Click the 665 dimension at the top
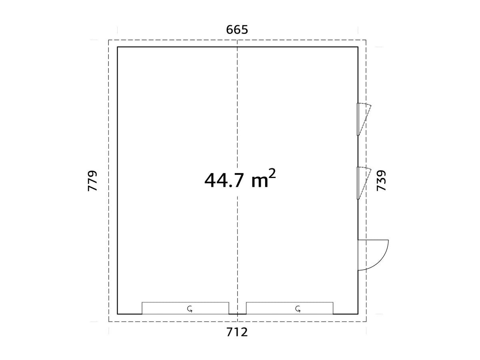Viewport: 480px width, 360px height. pyautogui.click(x=237, y=30)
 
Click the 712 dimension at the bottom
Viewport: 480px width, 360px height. pyautogui.click(x=237, y=332)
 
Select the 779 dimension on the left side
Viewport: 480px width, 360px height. pyautogui.click(x=92, y=181)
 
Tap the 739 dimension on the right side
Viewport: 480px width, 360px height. pyautogui.click(x=381, y=180)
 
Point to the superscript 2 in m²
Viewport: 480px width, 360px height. pyautogui.click(x=272, y=174)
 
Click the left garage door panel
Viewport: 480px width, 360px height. pyautogui.click(x=185, y=308)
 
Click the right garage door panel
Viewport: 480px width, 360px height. pyautogui.click(x=290, y=308)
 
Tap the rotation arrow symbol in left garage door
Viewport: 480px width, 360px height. pyautogui.click(x=190, y=309)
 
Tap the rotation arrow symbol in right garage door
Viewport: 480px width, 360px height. pyautogui.click(x=298, y=309)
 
